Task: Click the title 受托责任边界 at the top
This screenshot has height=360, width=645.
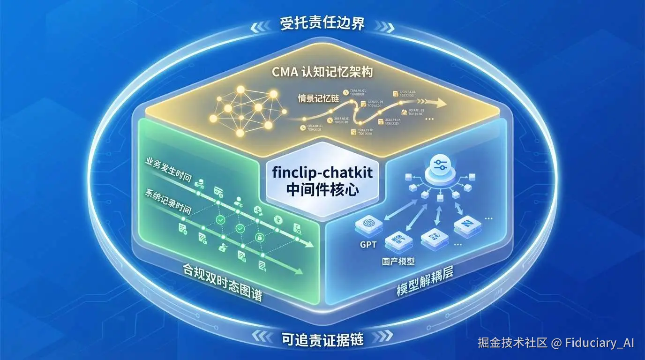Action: coord(322,23)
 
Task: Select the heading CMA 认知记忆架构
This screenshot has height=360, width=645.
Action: coord(322,73)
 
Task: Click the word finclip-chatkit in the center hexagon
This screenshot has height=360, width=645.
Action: coord(322,172)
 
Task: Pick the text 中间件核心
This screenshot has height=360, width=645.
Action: coord(322,190)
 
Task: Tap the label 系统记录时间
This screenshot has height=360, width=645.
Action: coord(169,201)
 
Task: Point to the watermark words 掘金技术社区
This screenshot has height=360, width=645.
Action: coord(512,343)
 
